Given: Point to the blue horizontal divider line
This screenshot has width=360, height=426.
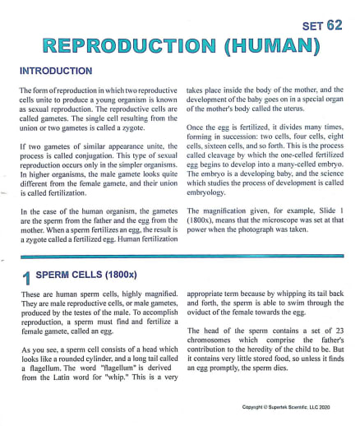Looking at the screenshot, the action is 180,257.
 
